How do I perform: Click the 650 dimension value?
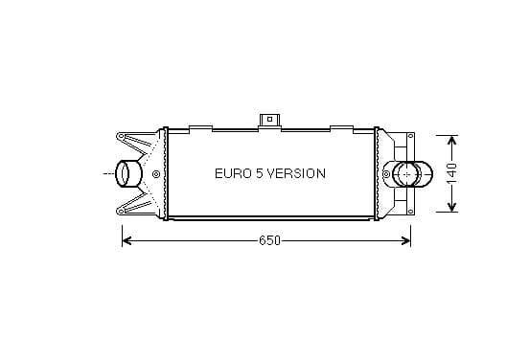269,240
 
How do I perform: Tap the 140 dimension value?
451,173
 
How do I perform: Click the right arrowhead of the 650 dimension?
406,240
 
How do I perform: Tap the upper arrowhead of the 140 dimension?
451,140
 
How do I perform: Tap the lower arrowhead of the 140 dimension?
451,207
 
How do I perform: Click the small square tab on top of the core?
269,120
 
